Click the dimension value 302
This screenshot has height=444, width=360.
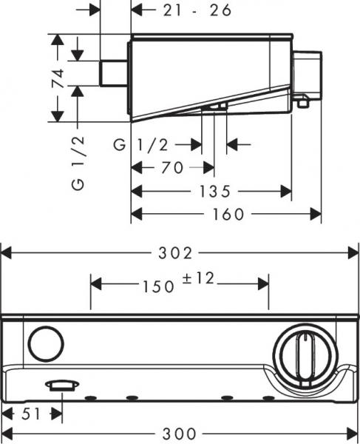[180, 253]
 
